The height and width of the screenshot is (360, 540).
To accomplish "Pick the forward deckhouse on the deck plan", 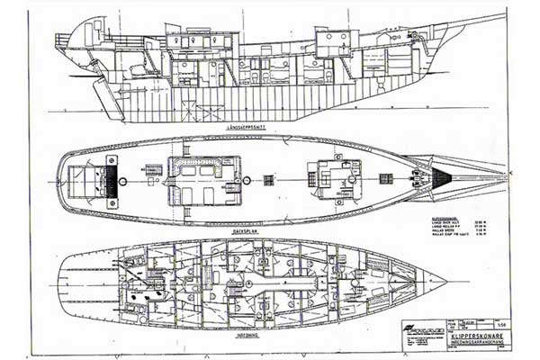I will tap(333, 176).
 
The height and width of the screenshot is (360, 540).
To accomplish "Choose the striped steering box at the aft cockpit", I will tap(112, 176).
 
